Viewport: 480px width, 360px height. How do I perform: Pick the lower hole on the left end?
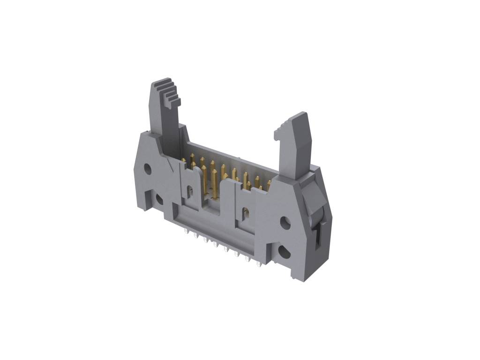(x=159, y=199)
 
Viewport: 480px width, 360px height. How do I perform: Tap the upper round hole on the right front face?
(x=285, y=221)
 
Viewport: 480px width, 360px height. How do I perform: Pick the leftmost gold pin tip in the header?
(x=183, y=160)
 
